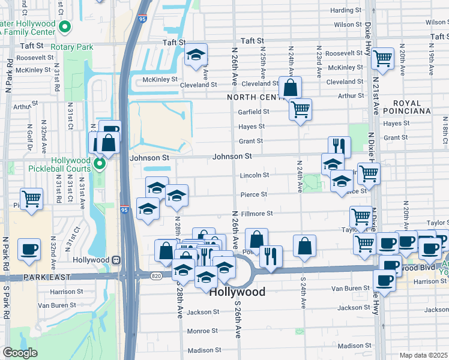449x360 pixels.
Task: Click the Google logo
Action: (x=20, y=353)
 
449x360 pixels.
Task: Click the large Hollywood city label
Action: (x=237, y=292)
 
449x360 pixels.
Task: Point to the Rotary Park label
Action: (x=71, y=47)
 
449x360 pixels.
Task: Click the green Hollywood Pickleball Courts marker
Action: (x=100, y=163)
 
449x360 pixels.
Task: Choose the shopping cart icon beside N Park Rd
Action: (x=31, y=198)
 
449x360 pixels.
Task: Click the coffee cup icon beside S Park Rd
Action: (x=28, y=248)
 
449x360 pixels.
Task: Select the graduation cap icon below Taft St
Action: (x=195, y=55)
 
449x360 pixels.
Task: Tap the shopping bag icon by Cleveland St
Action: (x=290, y=87)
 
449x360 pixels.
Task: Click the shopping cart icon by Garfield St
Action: (x=300, y=109)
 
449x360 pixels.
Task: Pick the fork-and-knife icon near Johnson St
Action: (x=339, y=146)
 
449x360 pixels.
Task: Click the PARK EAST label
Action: (x=47, y=277)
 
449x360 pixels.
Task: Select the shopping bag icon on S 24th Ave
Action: (x=305, y=245)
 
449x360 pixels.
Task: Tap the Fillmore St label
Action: (x=257, y=213)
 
